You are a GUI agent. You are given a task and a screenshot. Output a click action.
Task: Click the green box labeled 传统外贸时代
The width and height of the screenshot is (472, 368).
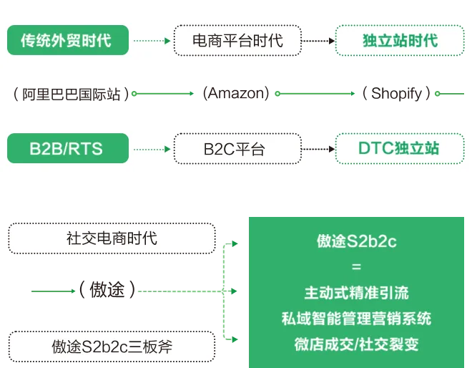(x=68, y=40)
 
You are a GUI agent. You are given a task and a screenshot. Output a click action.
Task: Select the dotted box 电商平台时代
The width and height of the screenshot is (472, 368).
(x=237, y=40)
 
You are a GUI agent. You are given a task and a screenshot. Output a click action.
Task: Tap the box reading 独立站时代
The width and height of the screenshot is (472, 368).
(x=400, y=40)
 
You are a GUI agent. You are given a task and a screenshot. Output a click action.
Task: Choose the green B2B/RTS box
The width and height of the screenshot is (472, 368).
(x=68, y=149)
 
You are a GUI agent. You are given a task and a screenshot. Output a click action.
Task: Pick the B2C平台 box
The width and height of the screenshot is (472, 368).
(x=237, y=149)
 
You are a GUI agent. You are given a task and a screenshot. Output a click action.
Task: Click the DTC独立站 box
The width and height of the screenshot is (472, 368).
(x=400, y=149)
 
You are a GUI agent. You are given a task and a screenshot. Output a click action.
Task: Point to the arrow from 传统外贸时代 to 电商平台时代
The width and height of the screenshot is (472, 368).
(x=152, y=41)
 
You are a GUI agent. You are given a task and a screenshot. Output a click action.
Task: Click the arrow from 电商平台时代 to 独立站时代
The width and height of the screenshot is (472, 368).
(x=318, y=41)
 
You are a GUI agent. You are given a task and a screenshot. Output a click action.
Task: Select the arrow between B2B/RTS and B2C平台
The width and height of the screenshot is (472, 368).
(x=152, y=150)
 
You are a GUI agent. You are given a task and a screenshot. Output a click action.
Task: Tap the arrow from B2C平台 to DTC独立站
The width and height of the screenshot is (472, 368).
(x=318, y=150)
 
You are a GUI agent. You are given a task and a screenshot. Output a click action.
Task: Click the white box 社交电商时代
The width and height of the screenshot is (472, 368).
(x=112, y=238)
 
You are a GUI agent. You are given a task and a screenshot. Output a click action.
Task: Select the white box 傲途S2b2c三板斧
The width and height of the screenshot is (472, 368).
(x=112, y=347)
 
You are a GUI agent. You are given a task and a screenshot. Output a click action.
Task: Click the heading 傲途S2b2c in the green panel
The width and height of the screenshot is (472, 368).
(x=356, y=241)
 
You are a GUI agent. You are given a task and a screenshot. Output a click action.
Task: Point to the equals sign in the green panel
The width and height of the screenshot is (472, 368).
(x=356, y=266)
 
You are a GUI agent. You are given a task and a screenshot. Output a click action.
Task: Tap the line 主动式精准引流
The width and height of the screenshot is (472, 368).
(x=356, y=293)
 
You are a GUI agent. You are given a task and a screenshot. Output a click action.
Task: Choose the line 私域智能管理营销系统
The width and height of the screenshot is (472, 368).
(x=356, y=319)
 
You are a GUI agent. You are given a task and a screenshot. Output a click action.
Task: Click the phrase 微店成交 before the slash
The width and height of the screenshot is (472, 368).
(x=321, y=344)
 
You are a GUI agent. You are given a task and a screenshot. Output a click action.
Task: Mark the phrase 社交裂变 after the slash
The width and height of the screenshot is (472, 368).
(x=390, y=344)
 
